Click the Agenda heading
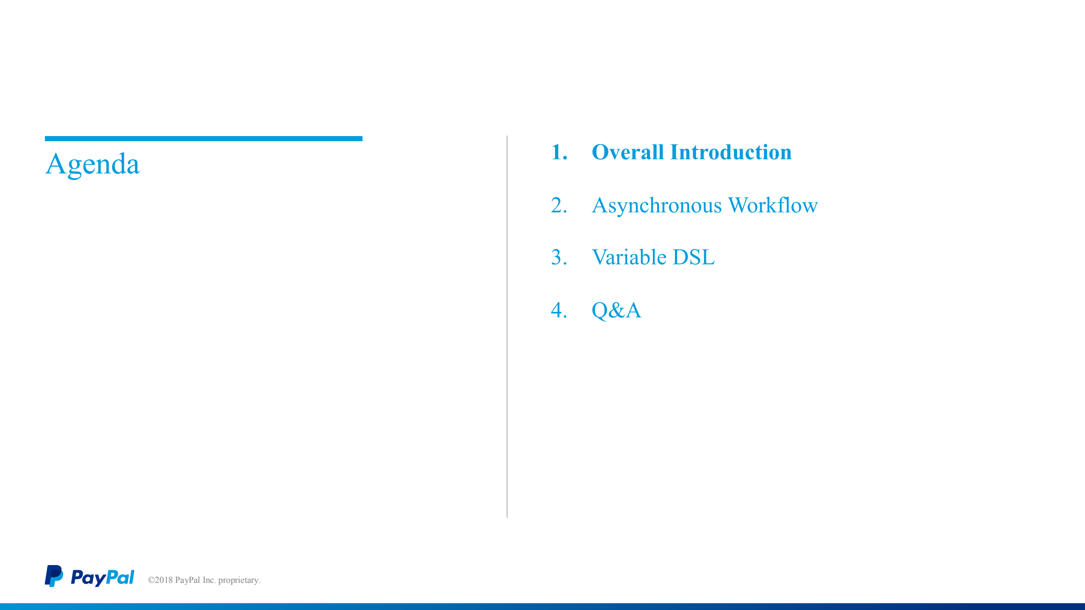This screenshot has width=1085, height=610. pos(92,164)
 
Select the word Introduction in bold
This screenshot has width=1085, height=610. pos(731,152)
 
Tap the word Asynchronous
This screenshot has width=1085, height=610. pos(656,206)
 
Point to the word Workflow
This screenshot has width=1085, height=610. pos(773,206)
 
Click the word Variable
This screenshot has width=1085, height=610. pos(629,257)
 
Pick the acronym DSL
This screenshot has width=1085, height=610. pos(693,257)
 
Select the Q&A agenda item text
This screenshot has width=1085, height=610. pos(616,310)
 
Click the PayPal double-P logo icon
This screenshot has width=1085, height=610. pos(54,576)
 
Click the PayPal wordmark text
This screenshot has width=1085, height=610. pos(102,578)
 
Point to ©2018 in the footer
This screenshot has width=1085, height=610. pos(160,580)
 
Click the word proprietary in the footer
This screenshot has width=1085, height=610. pos(239,580)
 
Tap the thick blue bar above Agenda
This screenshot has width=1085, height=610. pos(204,139)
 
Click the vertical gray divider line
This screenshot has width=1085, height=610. pos(507,326)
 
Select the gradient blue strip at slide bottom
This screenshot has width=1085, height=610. pos(542,607)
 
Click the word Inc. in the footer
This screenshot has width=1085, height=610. pos(209,580)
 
